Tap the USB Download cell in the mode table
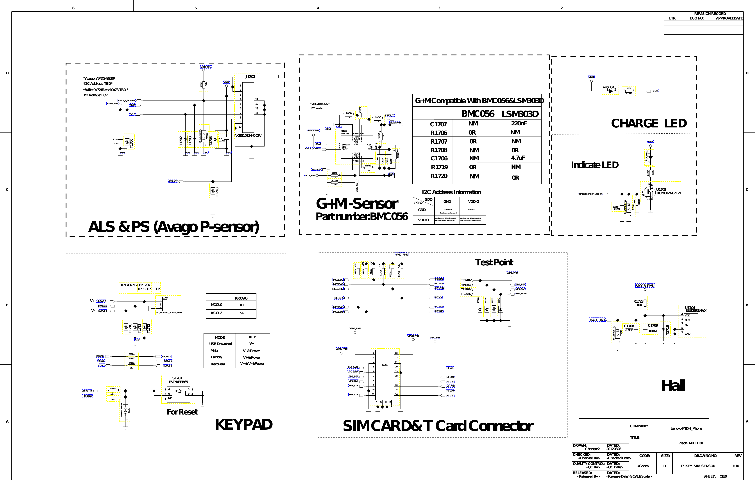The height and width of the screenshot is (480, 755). point(220,344)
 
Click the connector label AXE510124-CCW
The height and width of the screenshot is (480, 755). point(248,136)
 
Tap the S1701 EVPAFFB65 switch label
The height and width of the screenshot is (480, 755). point(178,380)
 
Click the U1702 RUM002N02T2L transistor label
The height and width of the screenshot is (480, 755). point(668,191)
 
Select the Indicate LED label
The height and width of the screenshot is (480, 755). point(594,165)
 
